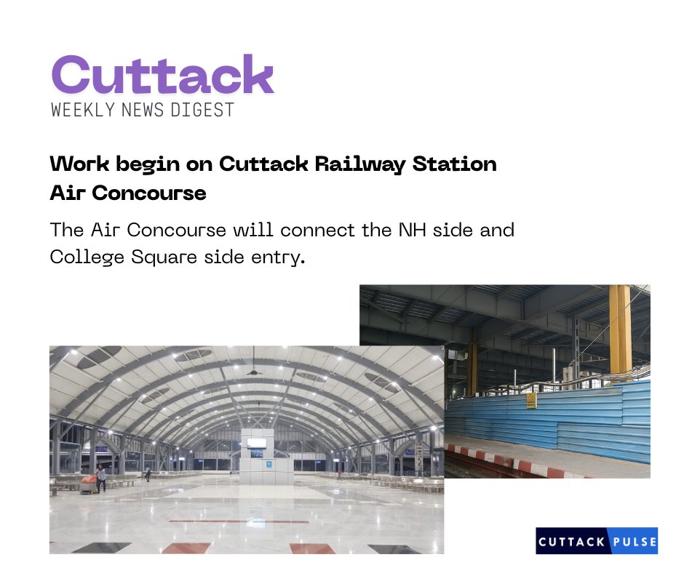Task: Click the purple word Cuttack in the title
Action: [x=162, y=75]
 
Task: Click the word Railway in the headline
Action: [x=359, y=164]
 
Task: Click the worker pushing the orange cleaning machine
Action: [x=101, y=477]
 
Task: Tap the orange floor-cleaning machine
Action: [x=87, y=485]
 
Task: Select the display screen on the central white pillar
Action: [x=256, y=443]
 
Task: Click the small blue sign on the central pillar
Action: [x=257, y=462]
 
